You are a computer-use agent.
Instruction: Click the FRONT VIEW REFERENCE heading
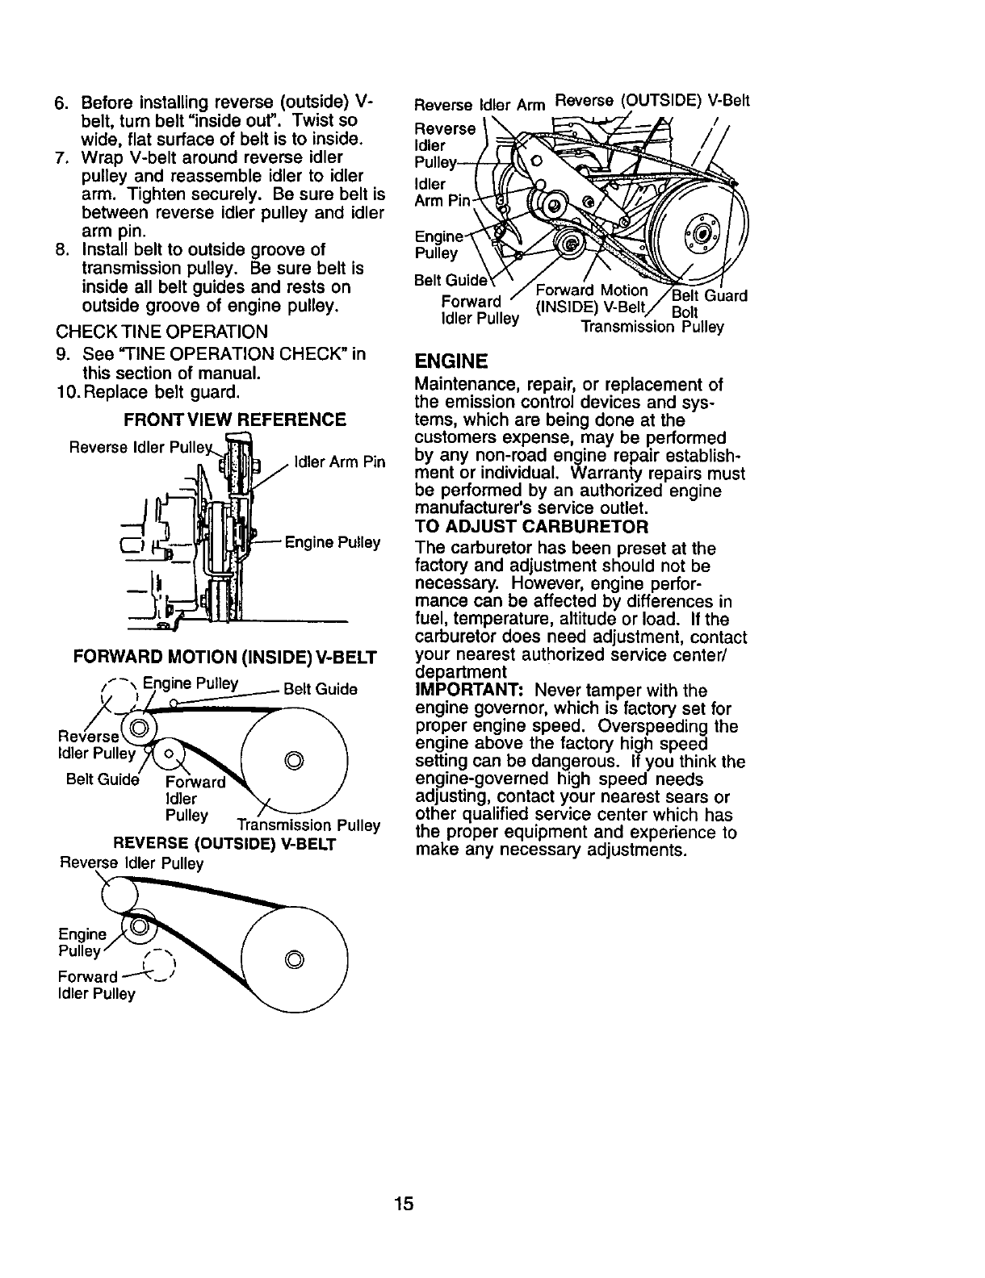click(x=235, y=420)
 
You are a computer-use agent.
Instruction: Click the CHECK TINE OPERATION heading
click(x=161, y=332)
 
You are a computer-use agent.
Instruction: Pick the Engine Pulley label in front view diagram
click(x=332, y=542)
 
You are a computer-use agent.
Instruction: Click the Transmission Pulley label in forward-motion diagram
click(x=308, y=825)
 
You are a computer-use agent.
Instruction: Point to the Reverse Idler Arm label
click(x=480, y=105)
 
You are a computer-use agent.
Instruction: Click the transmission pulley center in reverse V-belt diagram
click(x=295, y=958)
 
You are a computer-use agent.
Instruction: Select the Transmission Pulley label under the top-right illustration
click(x=652, y=328)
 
